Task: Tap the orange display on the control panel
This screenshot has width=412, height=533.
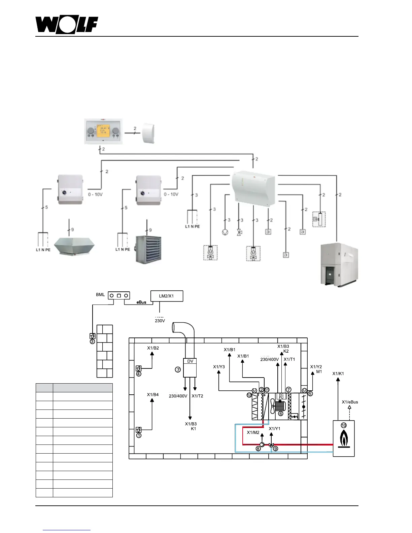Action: click(x=103, y=130)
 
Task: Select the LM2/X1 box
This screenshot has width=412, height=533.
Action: click(x=167, y=296)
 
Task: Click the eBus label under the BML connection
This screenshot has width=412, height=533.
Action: click(x=141, y=302)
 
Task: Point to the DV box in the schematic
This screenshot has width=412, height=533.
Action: click(x=190, y=361)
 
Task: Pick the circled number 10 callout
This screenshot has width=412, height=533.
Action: click(x=344, y=425)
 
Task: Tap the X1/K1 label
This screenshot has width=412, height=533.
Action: click(x=338, y=374)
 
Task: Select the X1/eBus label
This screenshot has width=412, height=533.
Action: click(x=350, y=402)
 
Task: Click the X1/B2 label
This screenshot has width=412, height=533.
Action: click(x=153, y=348)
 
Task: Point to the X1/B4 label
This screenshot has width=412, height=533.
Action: click(x=153, y=394)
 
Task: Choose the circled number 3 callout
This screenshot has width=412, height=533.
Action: click(x=92, y=342)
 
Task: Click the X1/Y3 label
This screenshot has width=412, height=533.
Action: click(x=219, y=367)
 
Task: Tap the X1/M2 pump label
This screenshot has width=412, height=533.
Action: click(x=253, y=432)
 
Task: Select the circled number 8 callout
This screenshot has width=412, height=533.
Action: click(x=258, y=449)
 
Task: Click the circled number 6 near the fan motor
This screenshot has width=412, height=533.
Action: click(x=280, y=414)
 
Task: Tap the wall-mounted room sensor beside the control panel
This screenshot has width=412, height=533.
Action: click(x=148, y=133)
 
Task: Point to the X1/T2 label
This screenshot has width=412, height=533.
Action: click(x=197, y=396)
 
